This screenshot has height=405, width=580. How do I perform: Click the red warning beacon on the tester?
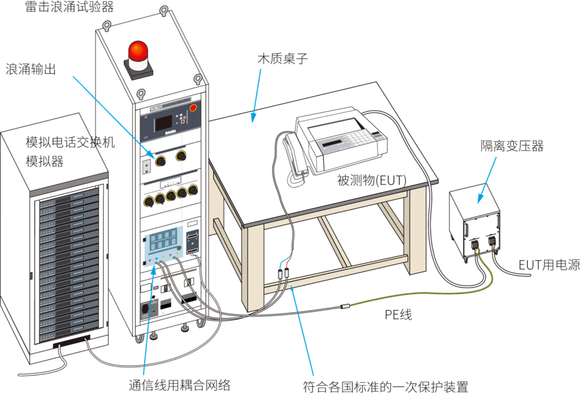138,52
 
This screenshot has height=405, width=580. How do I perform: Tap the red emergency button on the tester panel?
193,106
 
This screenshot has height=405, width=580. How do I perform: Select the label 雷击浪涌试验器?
69,7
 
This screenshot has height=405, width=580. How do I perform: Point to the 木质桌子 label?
283,58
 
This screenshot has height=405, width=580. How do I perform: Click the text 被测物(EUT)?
372,180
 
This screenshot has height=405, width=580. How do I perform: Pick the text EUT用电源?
549,265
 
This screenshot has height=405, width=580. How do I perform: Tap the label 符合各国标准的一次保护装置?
386,387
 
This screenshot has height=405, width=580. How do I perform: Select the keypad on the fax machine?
362,137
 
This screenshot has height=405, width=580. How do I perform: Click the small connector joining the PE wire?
344,307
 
